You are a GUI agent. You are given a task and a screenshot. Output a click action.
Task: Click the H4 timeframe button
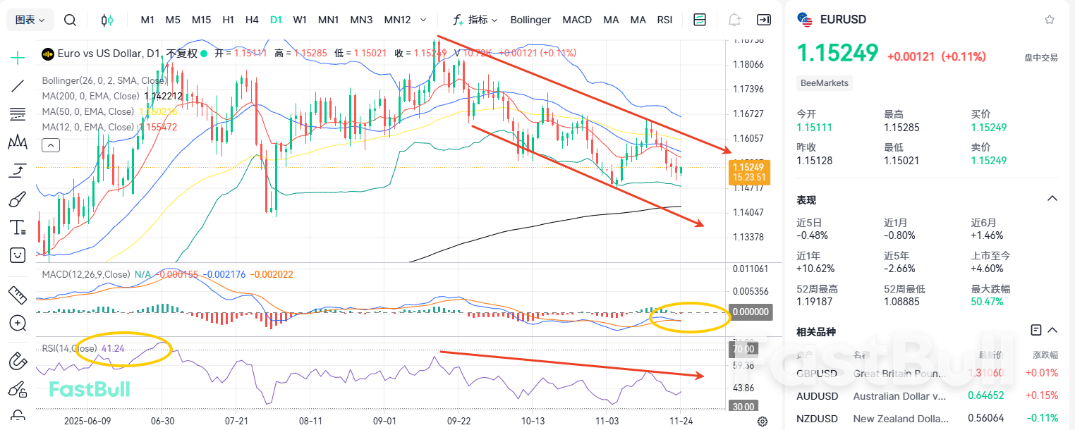click(x=252, y=20)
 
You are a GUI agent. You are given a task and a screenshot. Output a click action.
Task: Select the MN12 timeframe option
click(x=397, y=20)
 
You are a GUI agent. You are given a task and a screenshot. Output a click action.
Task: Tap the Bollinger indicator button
click(x=530, y=20)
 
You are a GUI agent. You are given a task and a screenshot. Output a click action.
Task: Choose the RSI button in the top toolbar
click(x=664, y=20)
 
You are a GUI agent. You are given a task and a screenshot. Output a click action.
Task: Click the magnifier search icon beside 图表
click(x=70, y=20)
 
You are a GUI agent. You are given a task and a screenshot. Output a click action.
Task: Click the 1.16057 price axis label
click(x=749, y=138)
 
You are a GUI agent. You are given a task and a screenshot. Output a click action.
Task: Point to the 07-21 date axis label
click(x=236, y=421)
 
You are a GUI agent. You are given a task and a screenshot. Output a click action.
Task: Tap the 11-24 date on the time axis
click(x=680, y=421)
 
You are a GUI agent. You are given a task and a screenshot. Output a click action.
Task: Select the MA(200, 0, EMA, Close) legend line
click(x=92, y=96)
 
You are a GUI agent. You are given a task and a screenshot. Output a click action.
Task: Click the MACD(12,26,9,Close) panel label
click(x=85, y=274)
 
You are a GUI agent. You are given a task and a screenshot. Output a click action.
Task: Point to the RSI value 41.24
click(x=113, y=348)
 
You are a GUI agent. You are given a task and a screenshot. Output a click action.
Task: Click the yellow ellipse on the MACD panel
click(x=689, y=318)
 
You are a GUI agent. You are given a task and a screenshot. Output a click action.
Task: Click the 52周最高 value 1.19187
click(x=814, y=302)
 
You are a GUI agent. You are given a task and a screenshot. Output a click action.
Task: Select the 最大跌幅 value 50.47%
click(x=987, y=302)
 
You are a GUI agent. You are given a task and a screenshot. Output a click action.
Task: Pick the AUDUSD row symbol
click(x=817, y=396)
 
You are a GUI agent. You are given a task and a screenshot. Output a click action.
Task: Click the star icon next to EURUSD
click(x=1050, y=20)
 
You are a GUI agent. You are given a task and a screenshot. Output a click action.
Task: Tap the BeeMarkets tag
click(x=825, y=83)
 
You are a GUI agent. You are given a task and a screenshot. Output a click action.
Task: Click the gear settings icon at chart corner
click(x=763, y=422)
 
